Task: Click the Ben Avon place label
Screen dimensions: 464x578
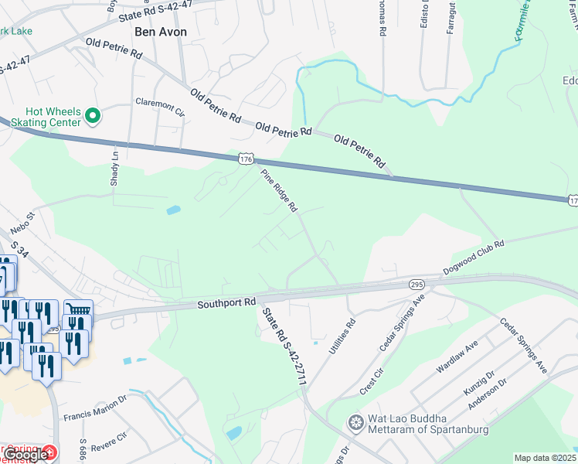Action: pos(161,32)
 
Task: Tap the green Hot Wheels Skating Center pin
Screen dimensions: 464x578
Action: pos(93,116)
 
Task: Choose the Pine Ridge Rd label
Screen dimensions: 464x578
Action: pos(279,190)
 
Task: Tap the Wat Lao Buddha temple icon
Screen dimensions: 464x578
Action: pos(355,422)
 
